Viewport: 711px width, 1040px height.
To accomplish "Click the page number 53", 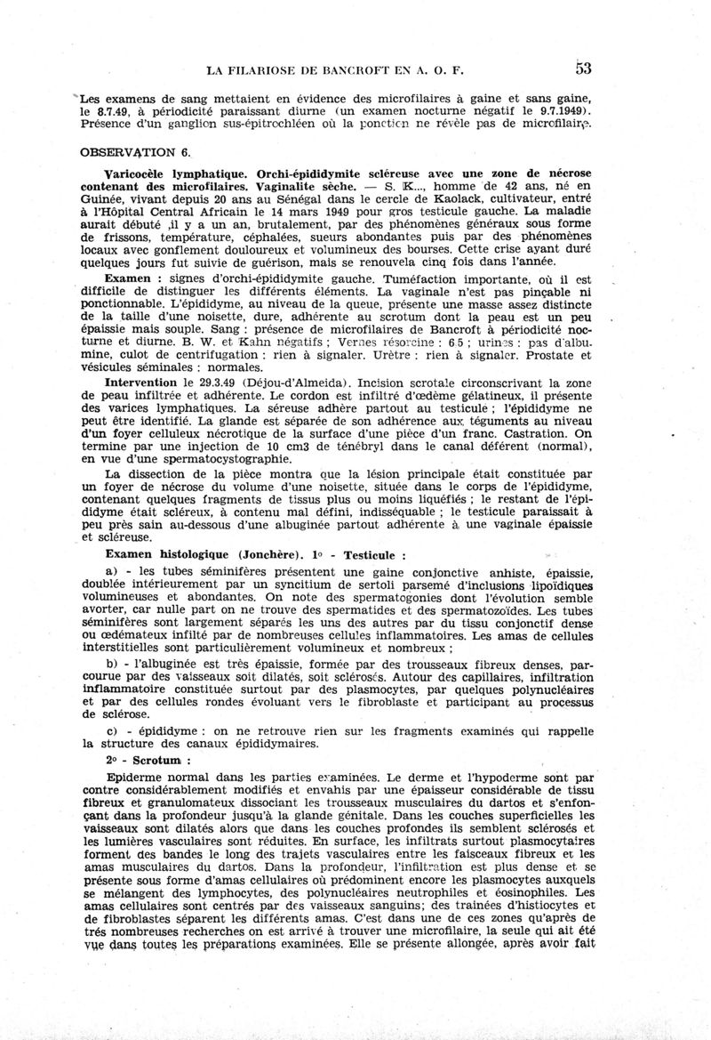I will click(584, 68).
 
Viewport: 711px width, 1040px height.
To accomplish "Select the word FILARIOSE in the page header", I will click(278, 69).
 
